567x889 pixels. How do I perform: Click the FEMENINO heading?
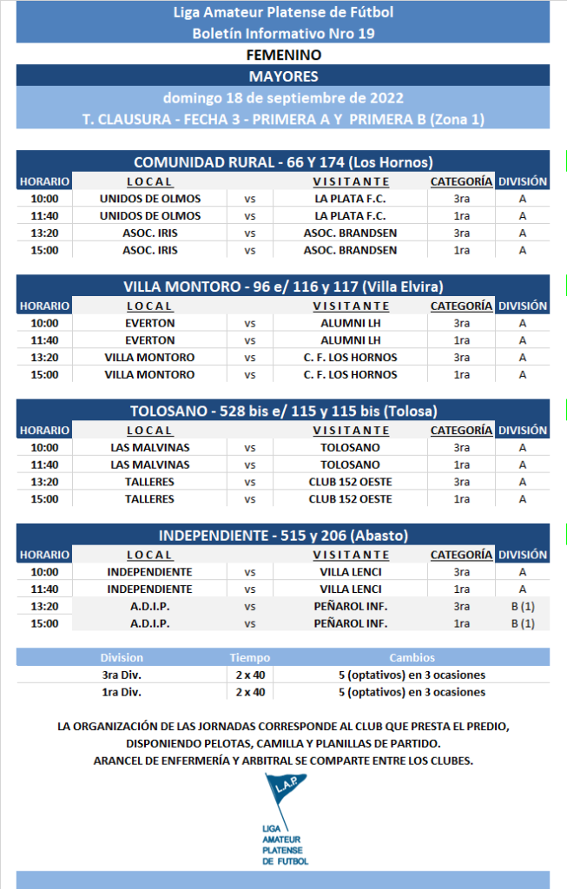click(x=283, y=55)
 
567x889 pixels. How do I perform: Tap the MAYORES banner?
click(x=283, y=76)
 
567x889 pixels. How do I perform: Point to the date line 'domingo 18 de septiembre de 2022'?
click(x=283, y=98)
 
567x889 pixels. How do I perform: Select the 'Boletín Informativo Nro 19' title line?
click(x=283, y=33)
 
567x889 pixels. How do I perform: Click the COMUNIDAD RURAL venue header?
click(x=283, y=161)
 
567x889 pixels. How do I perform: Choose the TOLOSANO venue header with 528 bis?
click(x=283, y=411)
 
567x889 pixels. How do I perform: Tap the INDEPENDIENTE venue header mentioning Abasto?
click(x=283, y=535)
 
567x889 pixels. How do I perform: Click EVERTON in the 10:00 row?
click(x=149, y=323)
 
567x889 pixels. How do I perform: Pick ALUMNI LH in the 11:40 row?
click(x=350, y=340)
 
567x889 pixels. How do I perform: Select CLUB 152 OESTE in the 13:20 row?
click(x=350, y=482)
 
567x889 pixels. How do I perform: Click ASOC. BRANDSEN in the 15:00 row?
click(x=350, y=250)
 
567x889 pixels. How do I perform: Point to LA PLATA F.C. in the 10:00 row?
click(x=350, y=199)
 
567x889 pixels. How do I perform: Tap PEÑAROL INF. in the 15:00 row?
click(x=350, y=623)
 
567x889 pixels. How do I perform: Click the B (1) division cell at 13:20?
click(x=522, y=606)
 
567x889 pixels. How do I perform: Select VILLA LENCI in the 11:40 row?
click(x=350, y=589)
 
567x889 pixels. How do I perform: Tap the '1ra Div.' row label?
click(x=122, y=692)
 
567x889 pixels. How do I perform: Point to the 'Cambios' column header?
click(x=412, y=658)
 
